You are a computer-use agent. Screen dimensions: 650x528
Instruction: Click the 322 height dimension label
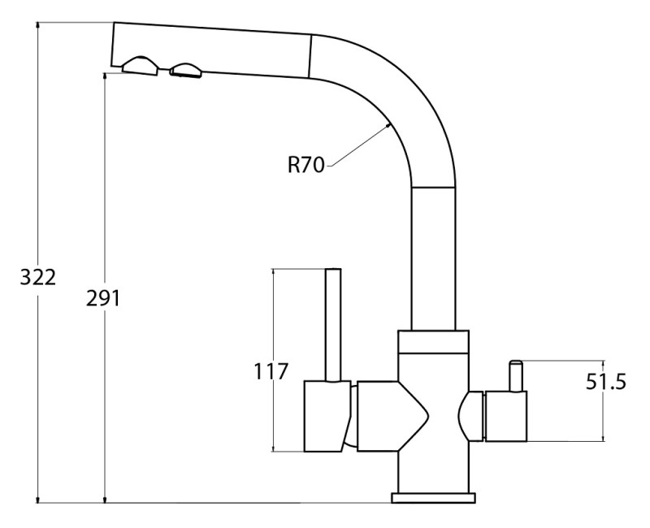click(x=37, y=277)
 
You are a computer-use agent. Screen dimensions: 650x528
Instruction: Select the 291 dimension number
click(x=103, y=298)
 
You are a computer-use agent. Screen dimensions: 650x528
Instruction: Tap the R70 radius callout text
click(x=306, y=165)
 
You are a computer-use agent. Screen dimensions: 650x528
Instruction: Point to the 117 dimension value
click(x=271, y=371)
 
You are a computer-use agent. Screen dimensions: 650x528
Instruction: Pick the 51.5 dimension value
click(x=605, y=382)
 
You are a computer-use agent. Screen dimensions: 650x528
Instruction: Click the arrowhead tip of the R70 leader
click(x=391, y=123)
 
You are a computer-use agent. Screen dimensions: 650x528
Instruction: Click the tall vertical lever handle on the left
click(x=333, y=325)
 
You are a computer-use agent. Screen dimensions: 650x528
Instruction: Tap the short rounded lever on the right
click(x=516, y=375)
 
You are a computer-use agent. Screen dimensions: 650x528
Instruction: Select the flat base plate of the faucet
click(x=433, y=498)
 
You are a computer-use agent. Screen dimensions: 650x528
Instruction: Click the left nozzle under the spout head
click(x=140, y=66)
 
